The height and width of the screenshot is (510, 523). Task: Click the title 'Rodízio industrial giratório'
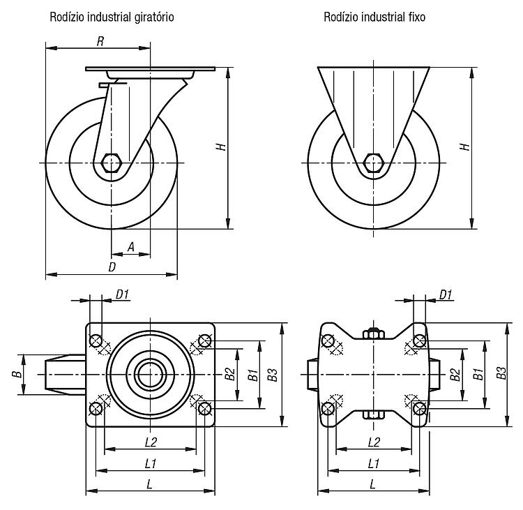pyautogui.click(x=112, y=17)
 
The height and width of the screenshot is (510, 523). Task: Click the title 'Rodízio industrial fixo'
pyautogui.click(x=374, y=17)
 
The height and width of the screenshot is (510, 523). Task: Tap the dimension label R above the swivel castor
pyautogui.click(x=100, y=41)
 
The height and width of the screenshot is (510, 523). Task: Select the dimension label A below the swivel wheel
pyautogui.click(x=131, y=247)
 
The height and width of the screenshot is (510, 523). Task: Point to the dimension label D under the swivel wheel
pyautogui.click(x=112, y=267)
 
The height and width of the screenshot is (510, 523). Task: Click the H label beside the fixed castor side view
pyautogui.click(x=465, y=147)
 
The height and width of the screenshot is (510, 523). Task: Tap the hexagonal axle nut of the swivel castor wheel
pyautogui.click(x=110, y=163)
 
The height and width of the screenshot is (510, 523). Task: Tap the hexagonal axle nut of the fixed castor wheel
pyautogui.click(x=373, y=163)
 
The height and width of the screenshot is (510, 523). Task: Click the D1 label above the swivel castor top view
pyautogui.click(x=122, y=294)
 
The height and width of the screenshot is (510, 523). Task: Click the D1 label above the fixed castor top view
pyautogui.click(x=446, y=294)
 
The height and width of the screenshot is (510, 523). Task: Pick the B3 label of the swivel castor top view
pyautogui.click(x=273, y=375)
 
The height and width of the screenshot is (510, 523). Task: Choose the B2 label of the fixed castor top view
pyautogui.click(x=455, y=374)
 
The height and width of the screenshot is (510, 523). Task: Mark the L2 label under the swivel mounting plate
pyautogui.click(x=151, y=442)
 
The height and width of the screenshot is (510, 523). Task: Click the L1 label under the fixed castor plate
pyautogui.click(x=374, y=464)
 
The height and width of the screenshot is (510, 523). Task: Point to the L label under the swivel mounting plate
pyautogui.click(x=149, y=485)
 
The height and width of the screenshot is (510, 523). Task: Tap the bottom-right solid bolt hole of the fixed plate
pyautogui.click(x=419, y=408)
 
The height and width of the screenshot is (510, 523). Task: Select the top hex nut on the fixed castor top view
pyautogui.click(x=373, y=333)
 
